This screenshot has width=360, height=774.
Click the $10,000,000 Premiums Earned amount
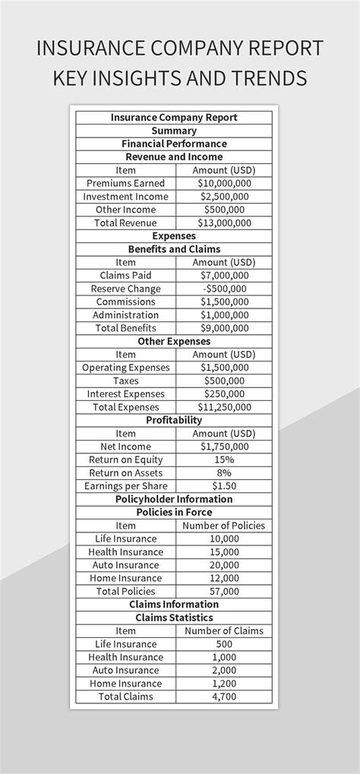(224, 183)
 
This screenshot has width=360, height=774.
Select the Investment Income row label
(125, 196)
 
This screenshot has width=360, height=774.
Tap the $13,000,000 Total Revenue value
(224, 223)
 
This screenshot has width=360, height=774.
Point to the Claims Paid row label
(125, 275)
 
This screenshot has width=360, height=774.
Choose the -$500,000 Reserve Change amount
(224, 289)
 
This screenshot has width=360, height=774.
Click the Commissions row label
(125, 302)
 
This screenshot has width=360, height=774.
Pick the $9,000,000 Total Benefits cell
(224, 328)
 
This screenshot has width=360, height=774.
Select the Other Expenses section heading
(174, 341)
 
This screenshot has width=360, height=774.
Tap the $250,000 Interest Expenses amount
(224, 393)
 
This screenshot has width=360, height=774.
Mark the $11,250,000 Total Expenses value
(224, 407)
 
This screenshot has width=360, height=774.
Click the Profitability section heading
(174, 420)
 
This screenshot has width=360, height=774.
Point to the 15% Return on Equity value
(224, 460)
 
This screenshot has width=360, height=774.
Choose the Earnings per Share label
(125, 486)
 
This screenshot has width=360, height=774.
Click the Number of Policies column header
(224, 526)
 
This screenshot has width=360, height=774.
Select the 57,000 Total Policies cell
(224, 591)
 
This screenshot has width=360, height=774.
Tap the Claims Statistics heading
(174, 618)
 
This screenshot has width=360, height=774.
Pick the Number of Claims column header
(224, 630)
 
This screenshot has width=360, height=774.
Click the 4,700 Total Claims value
(224, 697)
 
